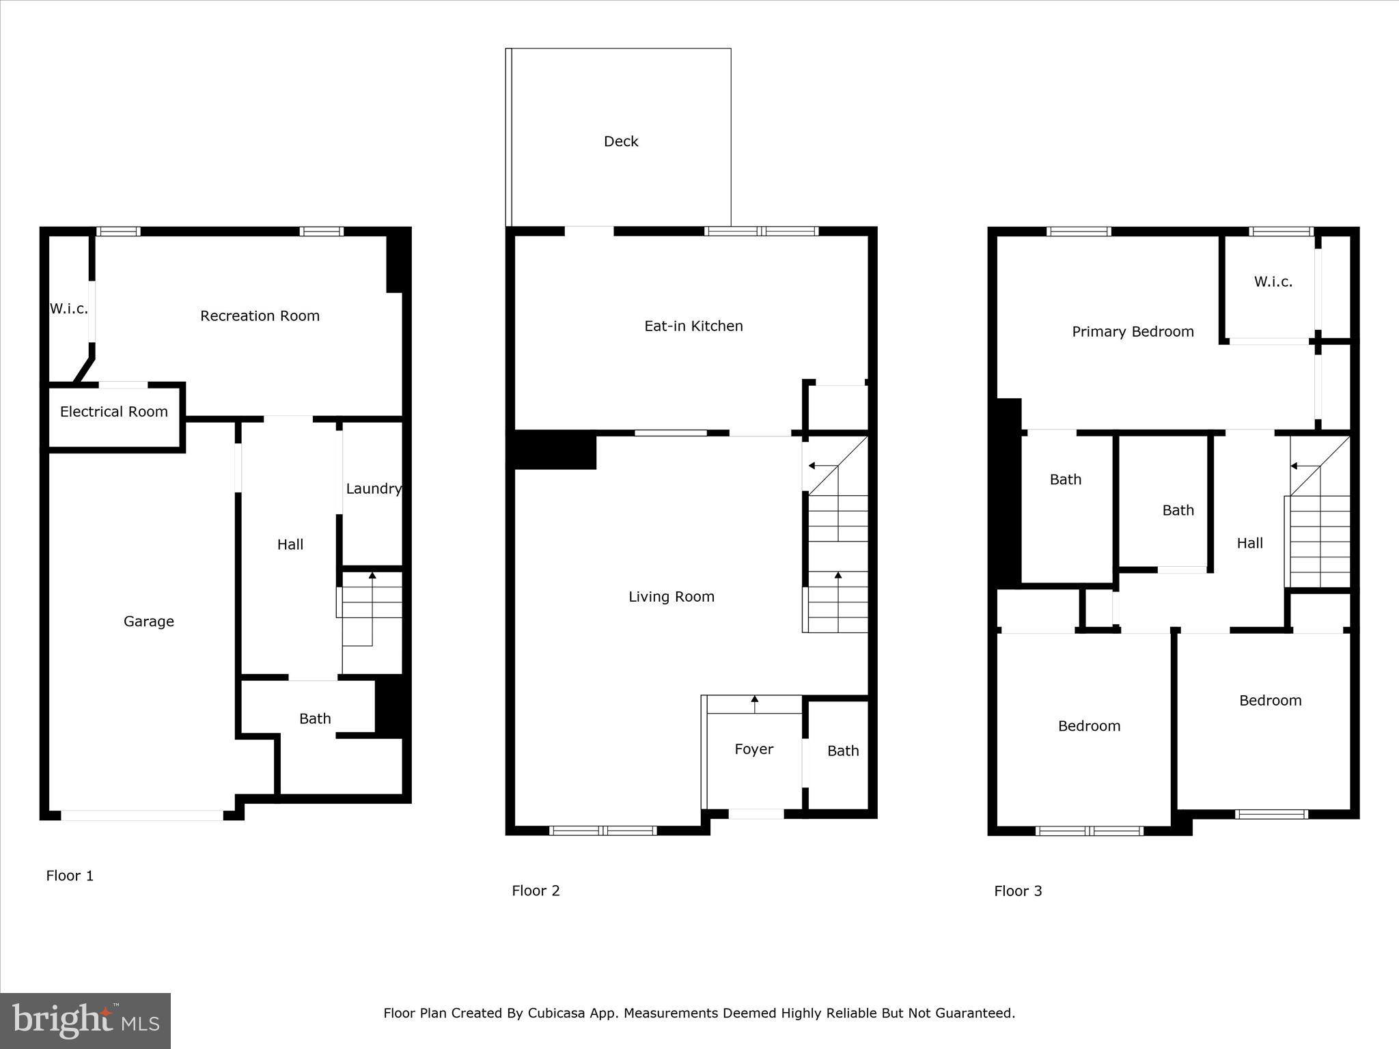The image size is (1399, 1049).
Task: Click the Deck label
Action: click(x=621, y=141)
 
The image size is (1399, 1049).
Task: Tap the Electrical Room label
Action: click(x=114, y=412)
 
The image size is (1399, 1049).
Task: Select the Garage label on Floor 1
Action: click(x=149, y=621)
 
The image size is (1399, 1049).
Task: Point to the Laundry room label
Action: click(x=373, y=489)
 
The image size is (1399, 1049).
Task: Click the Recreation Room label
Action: click(x=260, y=316)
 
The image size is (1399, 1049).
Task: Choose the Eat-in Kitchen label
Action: click(x=693, y=326)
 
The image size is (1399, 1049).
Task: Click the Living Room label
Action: click(x=671, y=597)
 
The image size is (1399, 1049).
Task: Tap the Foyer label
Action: click(x=753, y=749)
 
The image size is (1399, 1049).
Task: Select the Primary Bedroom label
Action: click(x=1133, y=332)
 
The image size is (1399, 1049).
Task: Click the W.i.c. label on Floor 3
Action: click(x=1273, y=282)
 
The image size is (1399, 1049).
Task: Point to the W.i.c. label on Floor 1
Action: click(x=69, y=309)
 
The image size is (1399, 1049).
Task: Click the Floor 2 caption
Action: click(x=536, y=891)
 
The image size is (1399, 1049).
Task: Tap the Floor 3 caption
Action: click(x=1018, y=891)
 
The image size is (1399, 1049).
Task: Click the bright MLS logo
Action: click(x=85, y=1021)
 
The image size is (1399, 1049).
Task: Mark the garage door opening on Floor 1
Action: click(x=142, y=815)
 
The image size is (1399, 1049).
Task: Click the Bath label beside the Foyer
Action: click(x=843, y=751)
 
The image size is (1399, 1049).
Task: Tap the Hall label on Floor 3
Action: click(x=1249, y=544)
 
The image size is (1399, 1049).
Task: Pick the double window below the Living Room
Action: click(x=602, y=830)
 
